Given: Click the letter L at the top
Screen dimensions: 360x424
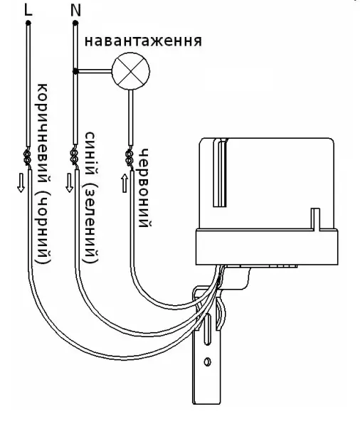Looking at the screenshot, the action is pyautogui.click(x=28, y=10).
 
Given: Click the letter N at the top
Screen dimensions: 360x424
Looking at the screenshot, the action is pyautogui.click(x=75, y=10).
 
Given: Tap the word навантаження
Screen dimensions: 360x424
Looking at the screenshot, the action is pyautogui.click(x=143, y=41).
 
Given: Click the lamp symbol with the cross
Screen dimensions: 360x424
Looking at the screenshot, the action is pyautogui.click(x=131, y=71).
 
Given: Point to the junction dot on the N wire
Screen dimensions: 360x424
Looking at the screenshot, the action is pyautogui.click(x=75, y=71).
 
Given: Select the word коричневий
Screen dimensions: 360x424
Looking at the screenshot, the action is pyautogui.click(x=43, y=133).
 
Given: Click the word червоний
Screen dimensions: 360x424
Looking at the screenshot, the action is pyautogui.click(x=144, y=189).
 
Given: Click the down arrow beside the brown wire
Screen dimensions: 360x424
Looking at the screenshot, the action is pyautogui.click(x=21, y=183).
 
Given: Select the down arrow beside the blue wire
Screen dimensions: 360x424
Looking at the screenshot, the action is pyautogui.click(x=70, y=183).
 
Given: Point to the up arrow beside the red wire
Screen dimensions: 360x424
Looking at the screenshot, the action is pyautogui.click(x=125, y=184).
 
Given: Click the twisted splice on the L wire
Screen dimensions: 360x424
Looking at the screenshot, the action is pyautogui.click(x=28, y=157).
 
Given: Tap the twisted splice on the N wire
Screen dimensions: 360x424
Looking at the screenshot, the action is pyautogui.click(x=74, y=157).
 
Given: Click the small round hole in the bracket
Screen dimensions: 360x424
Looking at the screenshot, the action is pyautogui.click(x=208, y=361).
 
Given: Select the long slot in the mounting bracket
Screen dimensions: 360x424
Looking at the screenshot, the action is pyautogui.click(x=208, y=329).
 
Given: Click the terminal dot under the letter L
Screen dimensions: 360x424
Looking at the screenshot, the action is pyautogui.click(x=28, y=23).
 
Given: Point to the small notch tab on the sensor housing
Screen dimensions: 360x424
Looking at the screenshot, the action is pyautogui.click(x=315, y=219).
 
